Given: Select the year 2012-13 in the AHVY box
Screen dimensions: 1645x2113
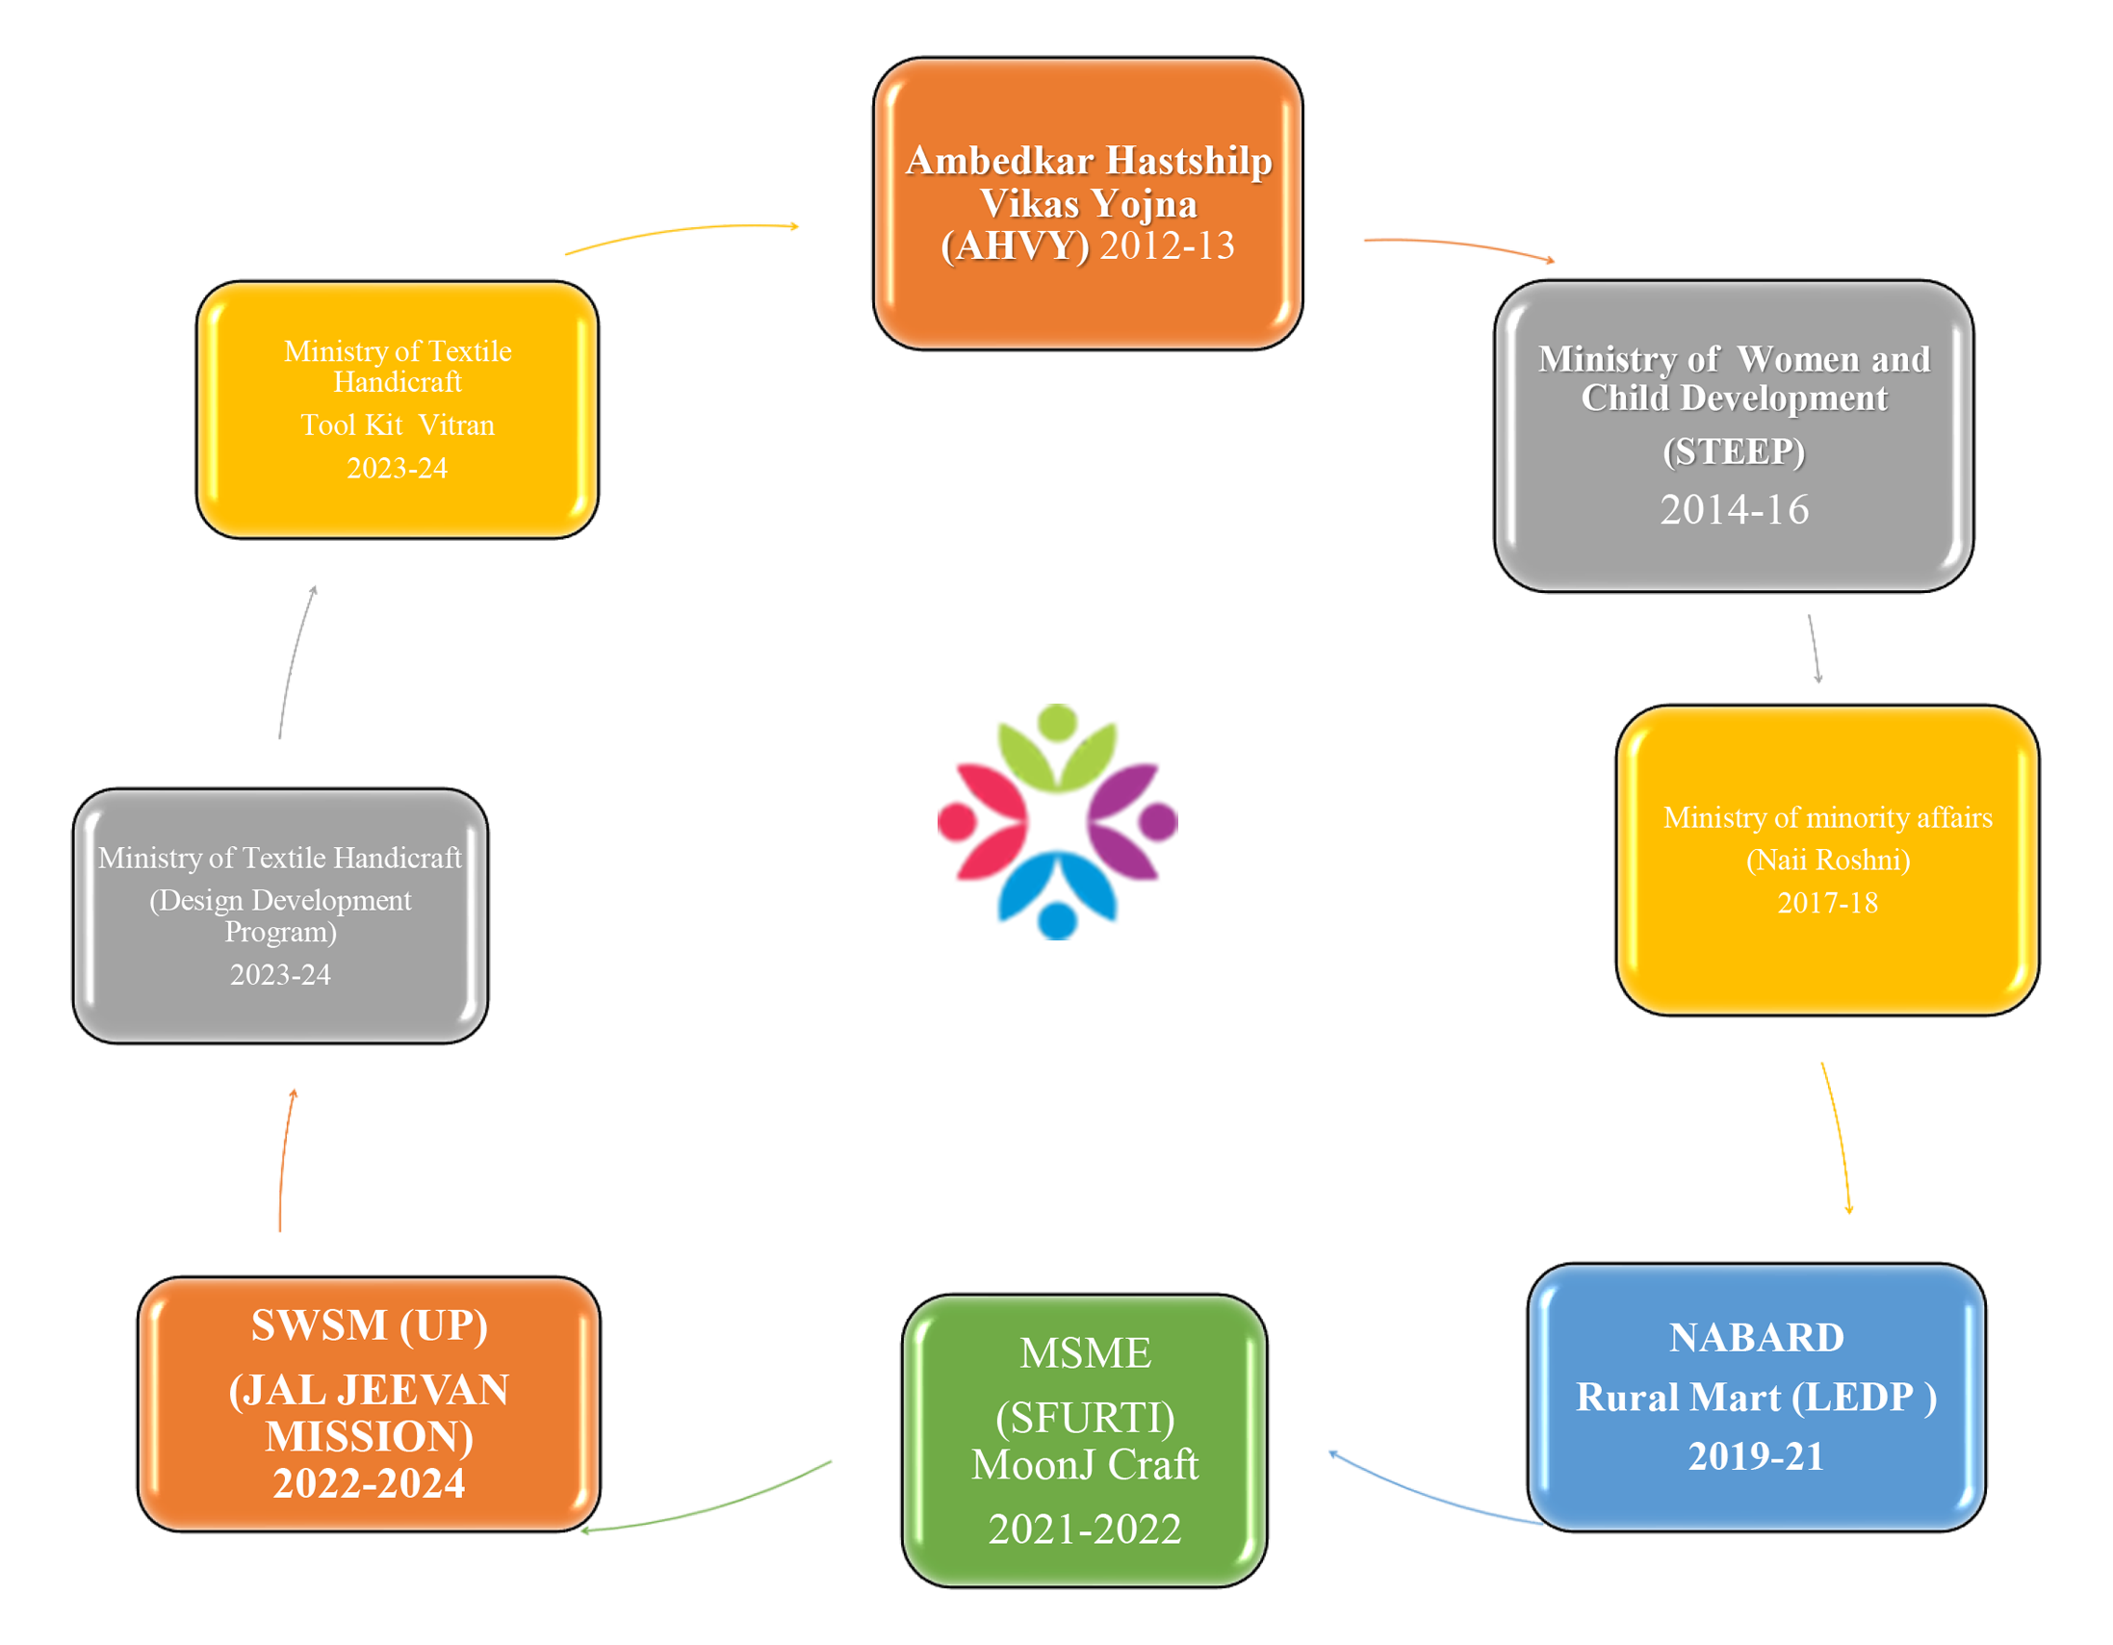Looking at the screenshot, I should (x=1167, y=246).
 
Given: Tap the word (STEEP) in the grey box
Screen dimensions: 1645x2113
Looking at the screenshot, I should (x=1734, y=451).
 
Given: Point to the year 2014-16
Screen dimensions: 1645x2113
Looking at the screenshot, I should (x=1734, y=510).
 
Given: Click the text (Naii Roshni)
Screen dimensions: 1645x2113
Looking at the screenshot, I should (x=1828, y=860).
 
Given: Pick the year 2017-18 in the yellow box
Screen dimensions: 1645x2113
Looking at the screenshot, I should (x=1828, y=903).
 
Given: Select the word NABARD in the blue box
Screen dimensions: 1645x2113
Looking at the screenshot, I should (x=1756, y=1337).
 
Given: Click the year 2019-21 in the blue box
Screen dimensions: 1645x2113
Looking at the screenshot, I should (x=1756, y=1456).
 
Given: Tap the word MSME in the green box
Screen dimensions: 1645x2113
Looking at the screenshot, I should (x=1085, y=1352).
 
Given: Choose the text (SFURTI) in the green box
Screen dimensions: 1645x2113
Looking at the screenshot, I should (x=1085, y=1418).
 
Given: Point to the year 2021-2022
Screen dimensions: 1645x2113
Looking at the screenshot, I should (x=1085, y=1529).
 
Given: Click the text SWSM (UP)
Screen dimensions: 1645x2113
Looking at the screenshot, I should (x=369, y=1324).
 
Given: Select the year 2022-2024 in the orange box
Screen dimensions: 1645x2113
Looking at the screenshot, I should (x=369, y=1483).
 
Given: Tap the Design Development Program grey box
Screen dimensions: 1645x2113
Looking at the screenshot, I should (x=279, y=914).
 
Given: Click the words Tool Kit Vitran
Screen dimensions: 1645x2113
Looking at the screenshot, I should (x=397, y=424).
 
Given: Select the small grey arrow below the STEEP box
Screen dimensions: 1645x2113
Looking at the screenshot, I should (x=1814, y=649).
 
